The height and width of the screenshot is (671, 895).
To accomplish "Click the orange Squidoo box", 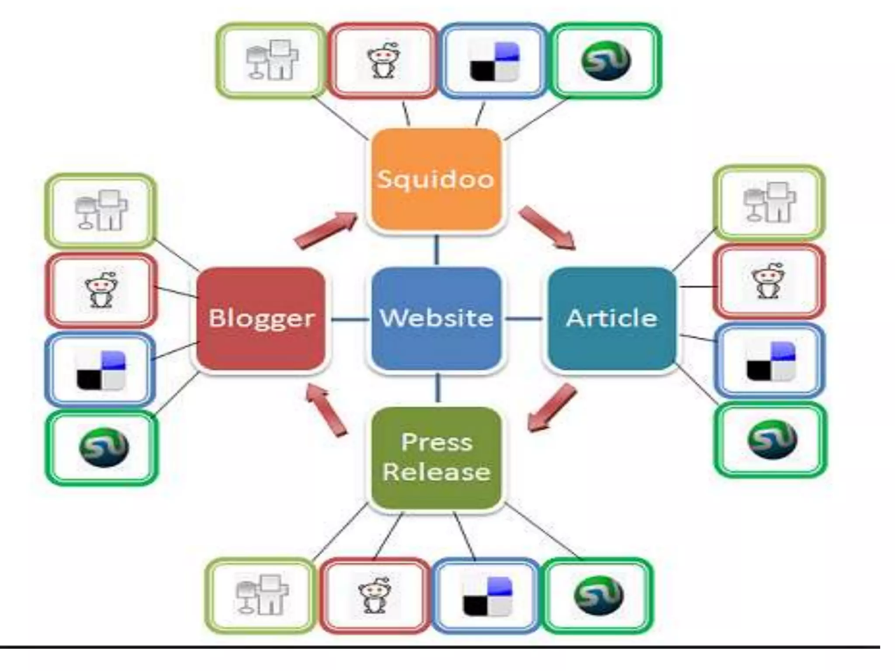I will [x=435, y=179].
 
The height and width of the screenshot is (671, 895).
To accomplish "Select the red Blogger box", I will [x=261, y=318].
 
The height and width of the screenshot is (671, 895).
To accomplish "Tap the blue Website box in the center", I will [x=436, y=318].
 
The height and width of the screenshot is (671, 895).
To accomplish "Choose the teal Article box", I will [x=611, y=318].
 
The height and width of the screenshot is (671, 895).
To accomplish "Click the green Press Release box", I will [x=436, y=457].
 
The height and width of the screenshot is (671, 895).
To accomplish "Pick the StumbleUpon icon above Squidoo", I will [x=606, y=61].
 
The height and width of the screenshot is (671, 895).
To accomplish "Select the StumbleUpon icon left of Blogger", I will [x=103, y=447].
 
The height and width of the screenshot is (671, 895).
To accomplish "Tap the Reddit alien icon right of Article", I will [x=768, y=281].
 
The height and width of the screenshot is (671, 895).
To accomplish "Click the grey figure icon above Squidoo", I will [x=272, y=60].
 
